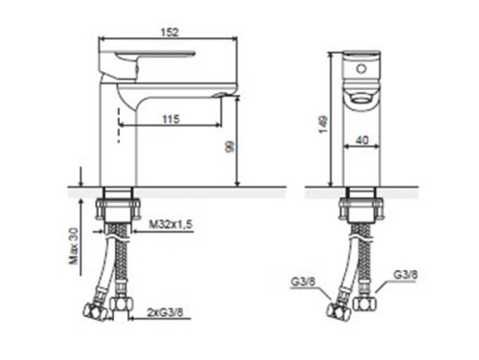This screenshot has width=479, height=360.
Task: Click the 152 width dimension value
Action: (170, 33)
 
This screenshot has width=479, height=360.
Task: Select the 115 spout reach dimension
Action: (171, 120)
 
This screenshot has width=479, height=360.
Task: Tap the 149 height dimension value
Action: (324, 124)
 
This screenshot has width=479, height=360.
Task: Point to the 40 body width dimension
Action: (362, 140)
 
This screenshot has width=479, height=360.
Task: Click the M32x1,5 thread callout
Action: (171, 224)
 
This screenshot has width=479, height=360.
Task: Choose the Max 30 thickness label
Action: (74, 246)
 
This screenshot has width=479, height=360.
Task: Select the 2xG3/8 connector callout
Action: (165, 312)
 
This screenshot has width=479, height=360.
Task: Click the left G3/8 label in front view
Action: (303, 281)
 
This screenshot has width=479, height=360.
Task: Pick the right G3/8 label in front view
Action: (405, 275)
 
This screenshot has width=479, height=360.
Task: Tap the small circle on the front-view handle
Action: (361, 69)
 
